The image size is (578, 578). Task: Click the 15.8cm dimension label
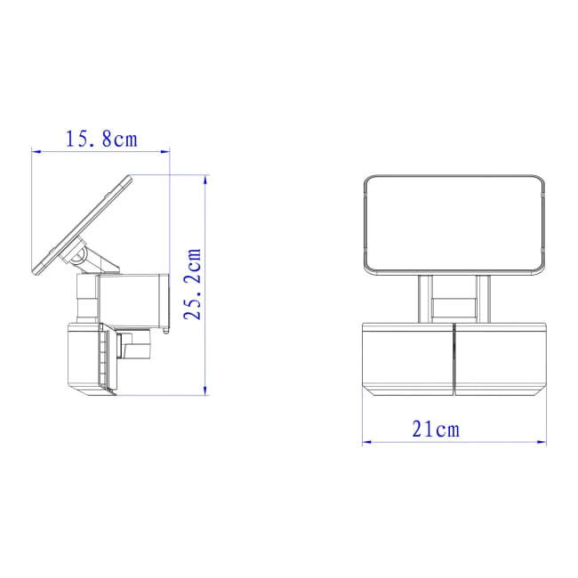point(101,140)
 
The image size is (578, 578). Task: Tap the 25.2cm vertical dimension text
point(193,285)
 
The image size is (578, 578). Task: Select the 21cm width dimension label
point(436,429)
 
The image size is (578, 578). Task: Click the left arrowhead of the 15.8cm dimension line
point(36,151)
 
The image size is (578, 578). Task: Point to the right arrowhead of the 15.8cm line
point(165,151)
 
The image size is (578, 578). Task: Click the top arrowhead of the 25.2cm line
point(205,180)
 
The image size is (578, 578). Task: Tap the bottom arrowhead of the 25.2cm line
point(205,390)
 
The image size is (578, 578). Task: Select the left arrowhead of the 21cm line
point(367,442)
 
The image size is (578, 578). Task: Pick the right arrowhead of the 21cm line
point(542,442)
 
